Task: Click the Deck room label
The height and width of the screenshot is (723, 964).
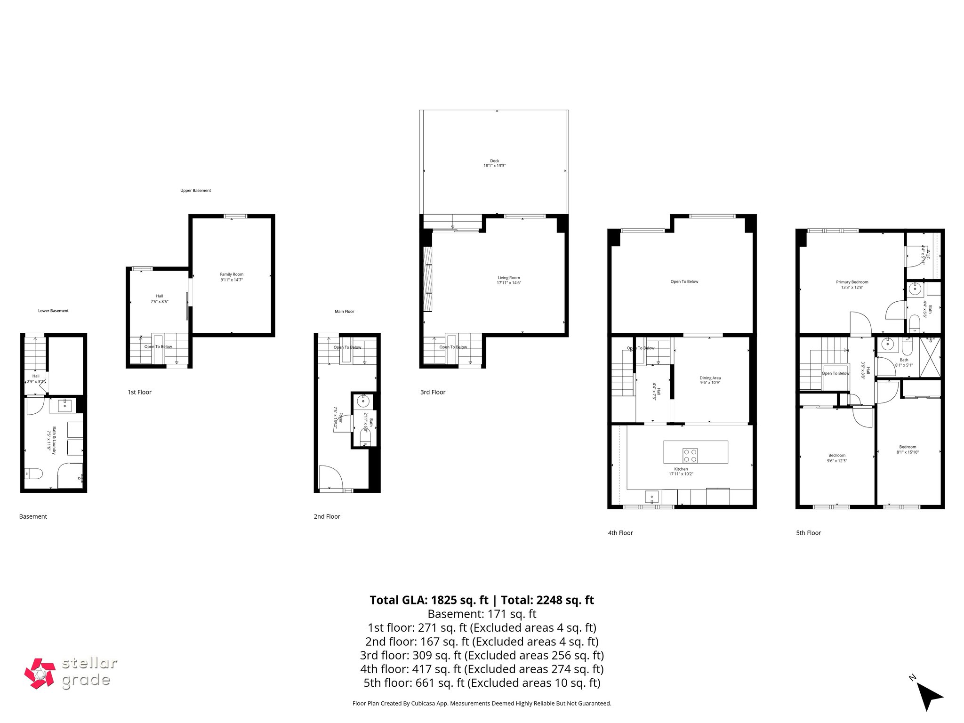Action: [494, 163]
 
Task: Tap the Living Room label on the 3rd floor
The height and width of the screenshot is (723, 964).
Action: [509, 280]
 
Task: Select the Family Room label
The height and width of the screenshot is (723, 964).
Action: [232, 277]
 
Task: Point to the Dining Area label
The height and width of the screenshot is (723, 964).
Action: [710, 380]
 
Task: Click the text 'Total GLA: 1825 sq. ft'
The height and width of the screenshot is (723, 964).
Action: [429, 600]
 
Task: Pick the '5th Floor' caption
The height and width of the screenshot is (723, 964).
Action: [808, 533]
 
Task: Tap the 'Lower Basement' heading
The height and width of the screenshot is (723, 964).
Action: [53, 311]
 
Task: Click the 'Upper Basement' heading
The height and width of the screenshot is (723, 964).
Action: [195, 191]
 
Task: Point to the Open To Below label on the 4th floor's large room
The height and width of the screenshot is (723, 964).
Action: [684, 281]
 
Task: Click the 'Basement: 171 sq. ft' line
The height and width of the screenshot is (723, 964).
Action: [482, 614]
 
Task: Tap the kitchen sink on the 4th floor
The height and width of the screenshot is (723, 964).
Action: [651, 497]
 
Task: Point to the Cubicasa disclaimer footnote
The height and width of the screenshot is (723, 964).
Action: [482, 703]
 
